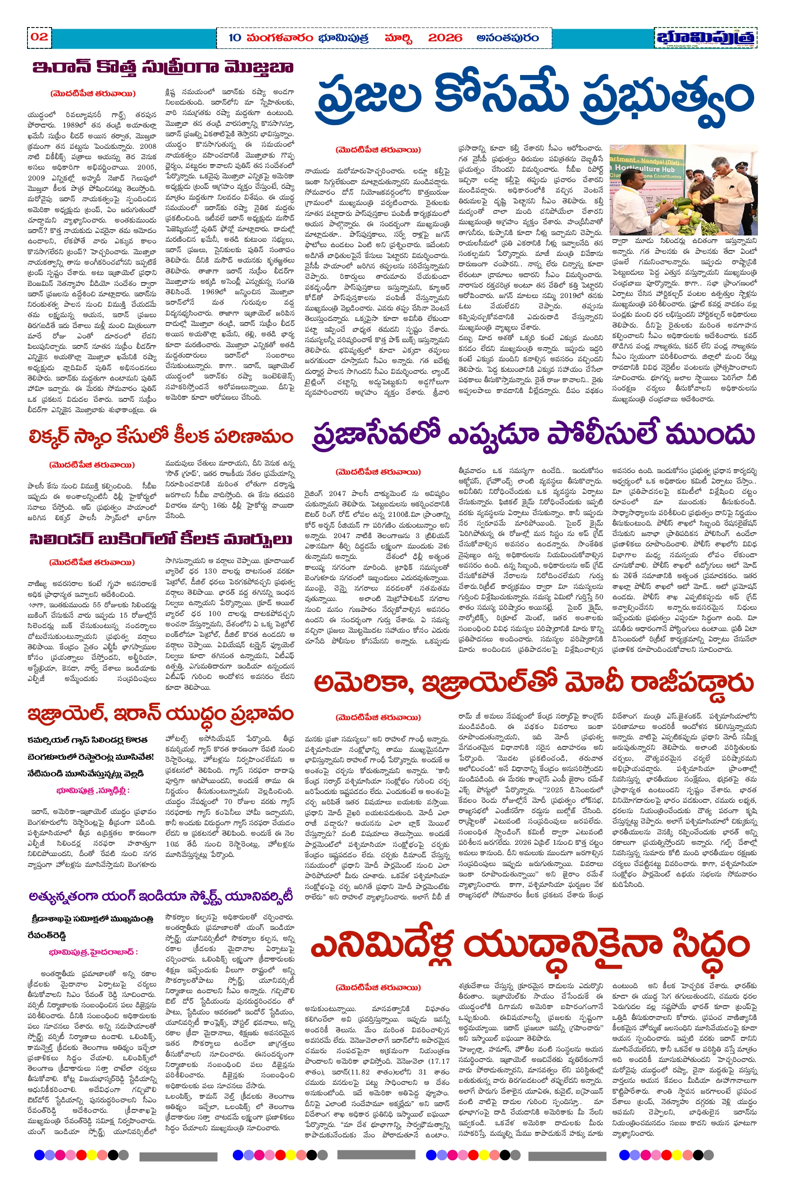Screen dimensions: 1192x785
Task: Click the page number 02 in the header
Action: click(x=39, y=37)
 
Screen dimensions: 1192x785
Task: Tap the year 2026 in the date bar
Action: click(x=445, y=38)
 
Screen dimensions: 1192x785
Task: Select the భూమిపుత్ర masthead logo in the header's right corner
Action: click(x=705, y=38)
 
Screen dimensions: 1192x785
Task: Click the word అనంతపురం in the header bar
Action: click(x=508, y=38)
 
